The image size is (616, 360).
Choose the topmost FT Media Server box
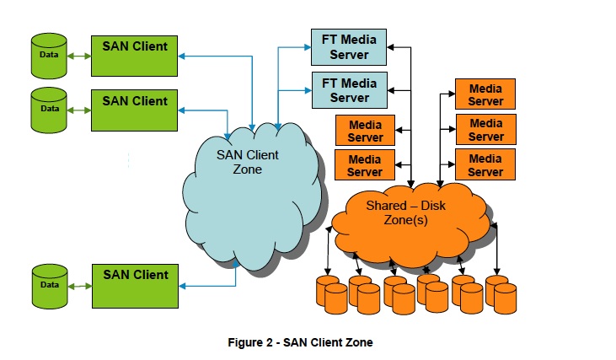click(349, 47)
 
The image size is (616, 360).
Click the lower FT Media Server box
click(349, 89)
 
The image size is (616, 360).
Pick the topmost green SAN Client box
click(135, 54)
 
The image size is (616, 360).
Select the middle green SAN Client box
click(135, 108)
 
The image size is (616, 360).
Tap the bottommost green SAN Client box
click(135, 282)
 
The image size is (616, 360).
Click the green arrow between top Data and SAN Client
click(80, 56)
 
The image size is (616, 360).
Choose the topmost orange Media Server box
click(485, 94)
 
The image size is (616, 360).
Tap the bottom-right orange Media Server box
click(485, 164)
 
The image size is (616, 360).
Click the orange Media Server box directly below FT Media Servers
click(365, 131)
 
